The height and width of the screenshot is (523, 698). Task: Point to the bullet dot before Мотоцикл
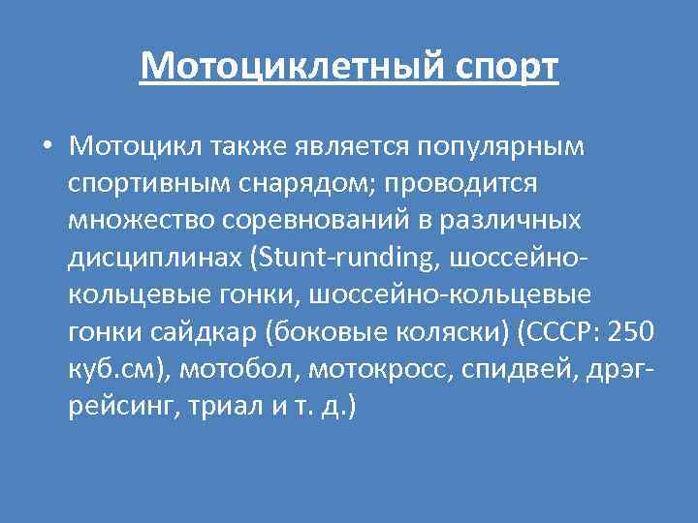coord(47,146)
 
